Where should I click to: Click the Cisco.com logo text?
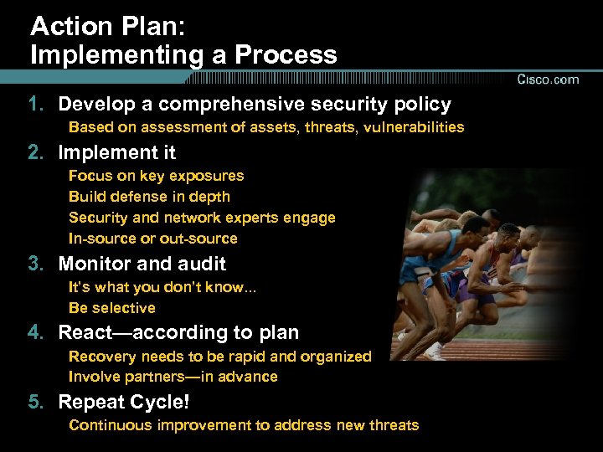548,80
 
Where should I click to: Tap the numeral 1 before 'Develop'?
33,105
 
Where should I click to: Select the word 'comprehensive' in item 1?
229,105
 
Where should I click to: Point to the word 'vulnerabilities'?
415,127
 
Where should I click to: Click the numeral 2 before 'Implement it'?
33,153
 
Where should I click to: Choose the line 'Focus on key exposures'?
156,176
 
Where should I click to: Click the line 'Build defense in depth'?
149,197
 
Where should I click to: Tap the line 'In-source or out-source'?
152,239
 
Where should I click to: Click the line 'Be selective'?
111,308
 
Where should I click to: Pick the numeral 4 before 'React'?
33,333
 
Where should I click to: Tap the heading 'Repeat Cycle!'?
124,402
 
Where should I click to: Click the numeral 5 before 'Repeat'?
33,402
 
